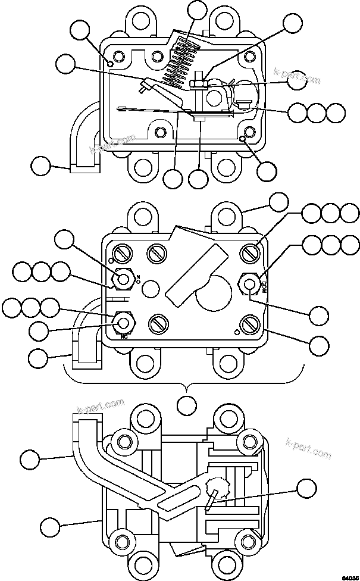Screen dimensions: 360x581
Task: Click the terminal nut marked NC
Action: pyautogui.click(x=123, y=323)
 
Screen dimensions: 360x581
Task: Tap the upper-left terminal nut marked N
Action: pyautogui.click(x=123, y=279)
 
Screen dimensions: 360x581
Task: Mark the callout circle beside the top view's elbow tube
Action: pyautogui.click(x=40, y=165)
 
